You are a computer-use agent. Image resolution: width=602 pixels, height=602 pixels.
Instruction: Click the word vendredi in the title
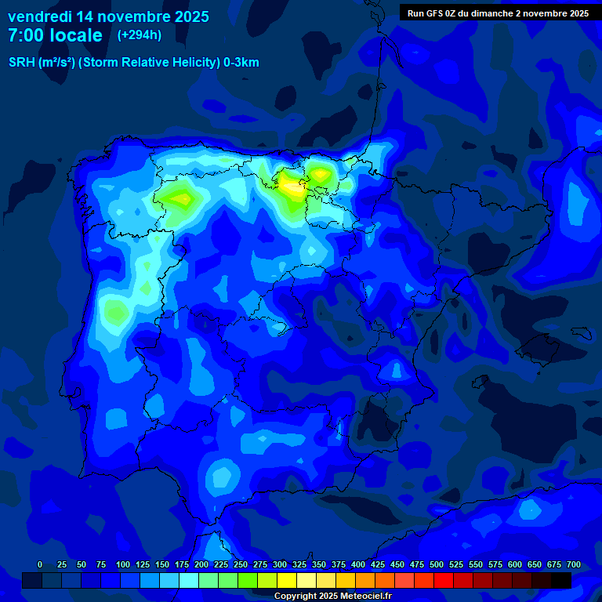39,16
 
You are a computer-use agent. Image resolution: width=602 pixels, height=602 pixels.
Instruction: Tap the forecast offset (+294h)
139,34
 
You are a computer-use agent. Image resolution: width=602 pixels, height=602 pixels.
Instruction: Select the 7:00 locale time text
55,35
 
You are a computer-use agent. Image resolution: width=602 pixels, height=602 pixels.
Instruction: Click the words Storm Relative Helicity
148,63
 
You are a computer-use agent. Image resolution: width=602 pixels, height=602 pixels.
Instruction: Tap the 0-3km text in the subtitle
241,63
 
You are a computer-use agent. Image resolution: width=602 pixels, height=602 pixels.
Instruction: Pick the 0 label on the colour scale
40,564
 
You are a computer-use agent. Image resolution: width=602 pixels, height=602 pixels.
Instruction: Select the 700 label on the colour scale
573,564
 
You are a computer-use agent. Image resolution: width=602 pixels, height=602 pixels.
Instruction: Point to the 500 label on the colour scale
437,564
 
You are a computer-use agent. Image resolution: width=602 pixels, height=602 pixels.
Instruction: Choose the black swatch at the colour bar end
561,580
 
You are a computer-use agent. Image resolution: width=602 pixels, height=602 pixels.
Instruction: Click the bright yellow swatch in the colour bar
287,580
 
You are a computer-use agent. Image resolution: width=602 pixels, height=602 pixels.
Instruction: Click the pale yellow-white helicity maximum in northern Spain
293,187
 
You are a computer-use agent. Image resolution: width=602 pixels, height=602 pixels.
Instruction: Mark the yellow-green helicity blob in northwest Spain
180,198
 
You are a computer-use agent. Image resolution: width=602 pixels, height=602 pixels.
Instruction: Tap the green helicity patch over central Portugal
116,312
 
